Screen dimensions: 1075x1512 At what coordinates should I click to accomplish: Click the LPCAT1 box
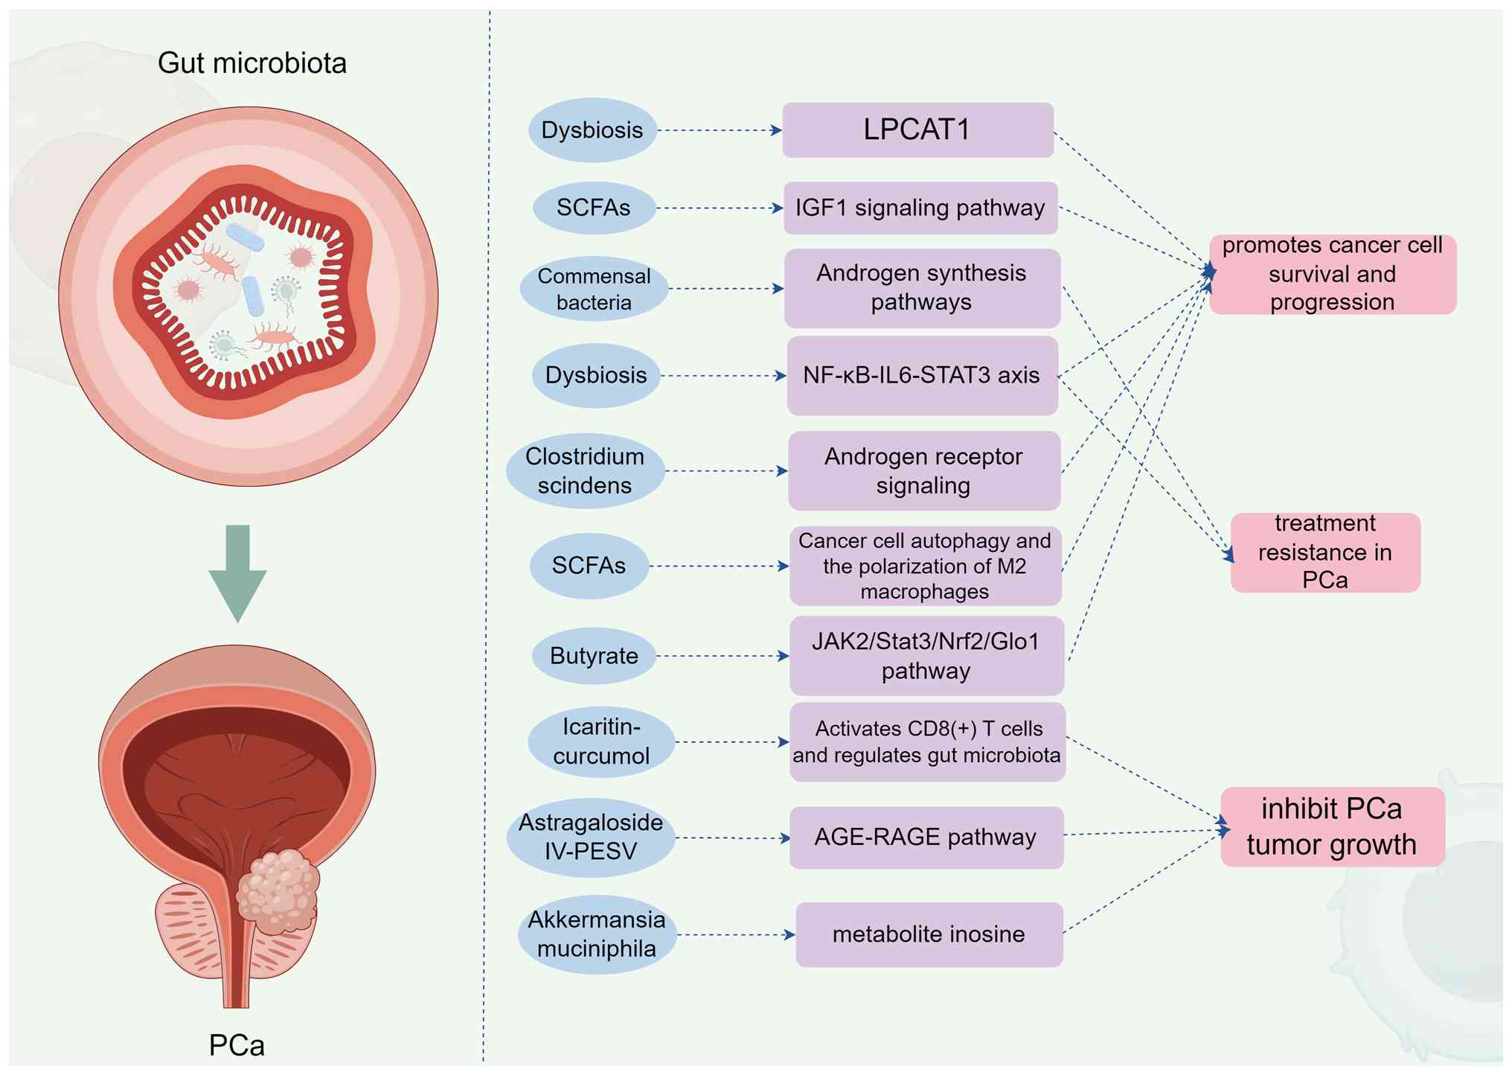pos(917,130)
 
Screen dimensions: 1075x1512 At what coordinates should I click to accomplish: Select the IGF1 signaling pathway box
pos(920,208)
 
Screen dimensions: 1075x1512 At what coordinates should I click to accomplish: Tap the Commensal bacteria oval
pos(594,289)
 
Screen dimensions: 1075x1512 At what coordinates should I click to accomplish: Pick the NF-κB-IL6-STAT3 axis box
pos(922,375)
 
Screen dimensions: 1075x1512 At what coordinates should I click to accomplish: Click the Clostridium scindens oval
pos(585,470)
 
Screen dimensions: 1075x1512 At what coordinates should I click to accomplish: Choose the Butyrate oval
pos(594,656)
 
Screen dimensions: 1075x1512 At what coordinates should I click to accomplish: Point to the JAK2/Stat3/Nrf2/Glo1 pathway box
pos(926,656)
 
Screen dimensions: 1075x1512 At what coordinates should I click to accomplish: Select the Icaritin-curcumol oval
pos(601,741)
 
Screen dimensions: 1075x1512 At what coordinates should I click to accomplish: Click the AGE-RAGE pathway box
pos(926,838)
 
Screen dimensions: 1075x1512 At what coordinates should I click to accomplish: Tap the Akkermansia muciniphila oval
pos(597,934)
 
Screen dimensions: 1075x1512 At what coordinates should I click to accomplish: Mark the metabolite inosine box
pos(929,934)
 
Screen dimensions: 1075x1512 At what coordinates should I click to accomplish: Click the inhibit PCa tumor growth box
pos(1332,826)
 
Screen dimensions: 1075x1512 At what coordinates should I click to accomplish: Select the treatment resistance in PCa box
pos(1325,552)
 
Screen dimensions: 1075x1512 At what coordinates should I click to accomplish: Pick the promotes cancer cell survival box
pos(1332,274)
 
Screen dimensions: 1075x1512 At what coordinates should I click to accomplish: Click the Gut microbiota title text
pos(252,63)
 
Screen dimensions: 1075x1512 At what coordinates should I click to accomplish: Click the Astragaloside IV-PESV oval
pos(591,838)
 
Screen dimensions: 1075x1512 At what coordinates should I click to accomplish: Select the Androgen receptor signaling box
pos(923,470)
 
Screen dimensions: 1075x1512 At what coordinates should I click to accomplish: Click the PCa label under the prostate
pos(237,1045)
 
